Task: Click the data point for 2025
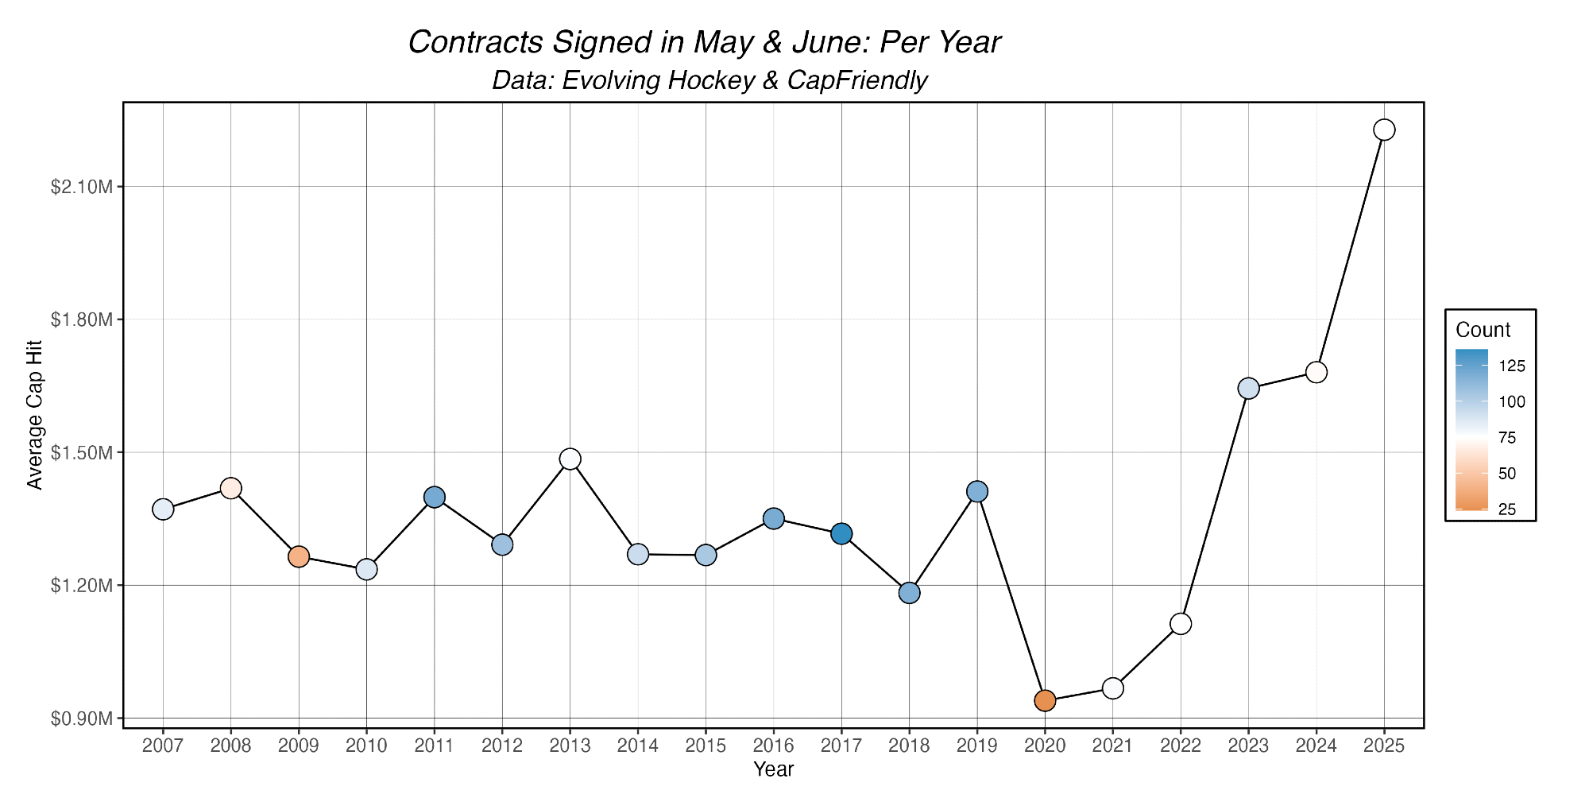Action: [x=1384, y=130]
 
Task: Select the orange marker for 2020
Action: [x=1045, y=700]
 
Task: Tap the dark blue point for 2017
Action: [x=841, y=533]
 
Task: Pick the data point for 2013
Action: [x=570, y=459]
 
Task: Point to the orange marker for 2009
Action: [x=299, y=556]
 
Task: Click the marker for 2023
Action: [x=1248, y=388]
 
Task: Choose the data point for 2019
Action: [x=977, y=491]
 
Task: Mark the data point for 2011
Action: [x=435, y=497]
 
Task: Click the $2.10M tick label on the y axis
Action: [x=82, y=187]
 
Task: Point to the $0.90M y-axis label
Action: [x=82, y=718]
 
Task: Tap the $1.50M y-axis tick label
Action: [x=82, y=453]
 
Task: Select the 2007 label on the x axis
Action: [x=163, y=746]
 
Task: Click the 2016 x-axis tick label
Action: [x=774, y=746]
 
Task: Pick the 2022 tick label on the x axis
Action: [x=1181, y=746]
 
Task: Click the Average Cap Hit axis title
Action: [x=34, y=415]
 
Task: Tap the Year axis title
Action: [x=774, y=769]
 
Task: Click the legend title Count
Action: [x=1483, y=330]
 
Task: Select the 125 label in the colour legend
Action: [x=1512, y=366]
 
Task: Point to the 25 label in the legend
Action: [x=1507, y=509]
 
